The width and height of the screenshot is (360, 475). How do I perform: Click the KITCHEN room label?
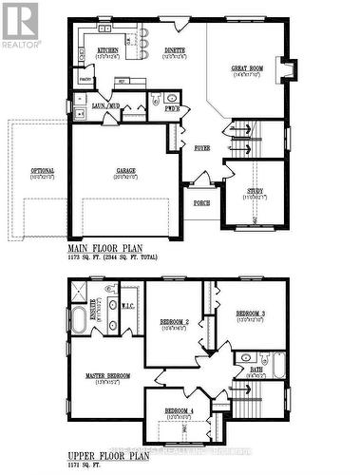(107, 50)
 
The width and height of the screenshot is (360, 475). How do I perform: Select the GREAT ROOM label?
(249, 69)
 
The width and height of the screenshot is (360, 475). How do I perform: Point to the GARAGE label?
(125, 171)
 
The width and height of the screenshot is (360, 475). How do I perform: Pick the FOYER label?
(202, 148)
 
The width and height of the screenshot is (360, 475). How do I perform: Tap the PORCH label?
(201, 202)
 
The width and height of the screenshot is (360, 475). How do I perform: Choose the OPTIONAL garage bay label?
(43, 171)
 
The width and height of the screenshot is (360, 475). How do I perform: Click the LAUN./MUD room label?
(104, 106)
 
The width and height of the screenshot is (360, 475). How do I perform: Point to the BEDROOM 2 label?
(174, 323)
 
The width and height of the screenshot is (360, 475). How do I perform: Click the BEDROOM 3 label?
(251, 313)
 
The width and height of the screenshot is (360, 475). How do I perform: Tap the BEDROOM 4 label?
(180, 411)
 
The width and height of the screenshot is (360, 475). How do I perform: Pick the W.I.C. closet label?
(126, 305)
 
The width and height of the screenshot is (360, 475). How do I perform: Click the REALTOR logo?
(21, 25)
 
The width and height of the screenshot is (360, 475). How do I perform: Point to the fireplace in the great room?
(288, 70)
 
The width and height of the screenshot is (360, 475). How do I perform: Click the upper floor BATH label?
(256, 371)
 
